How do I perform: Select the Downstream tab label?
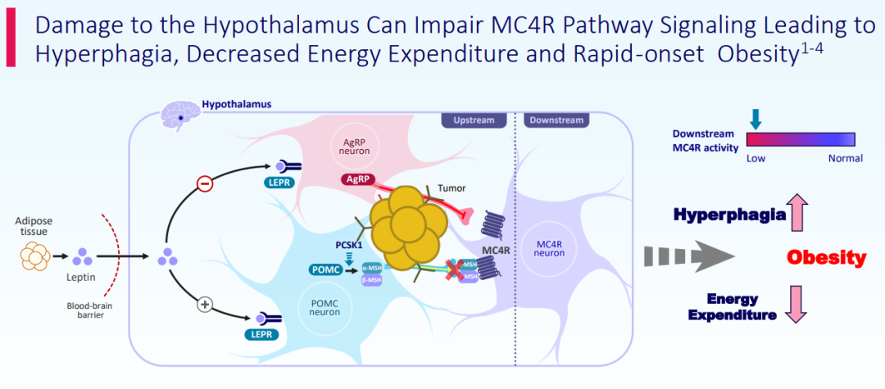coord(556,120)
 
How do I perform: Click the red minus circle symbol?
coord(206,183)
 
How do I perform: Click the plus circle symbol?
coord(206,305)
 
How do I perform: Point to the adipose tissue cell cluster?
coord(35,257)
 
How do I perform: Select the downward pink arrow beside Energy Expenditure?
coord(797,304)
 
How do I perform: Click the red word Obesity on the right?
coord(827,258)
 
